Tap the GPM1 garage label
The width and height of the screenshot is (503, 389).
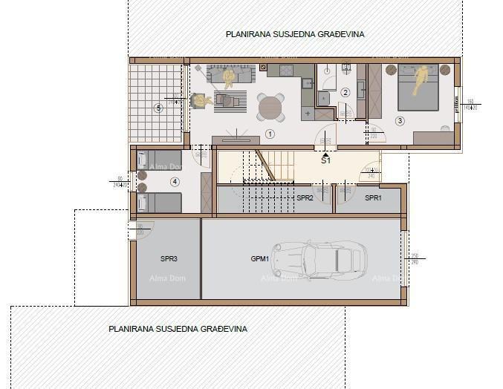pos(261,259)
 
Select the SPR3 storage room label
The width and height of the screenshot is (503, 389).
pos(169,259)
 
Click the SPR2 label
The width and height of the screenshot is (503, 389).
pos(305,198)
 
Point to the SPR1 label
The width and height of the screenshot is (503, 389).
pos(372,198)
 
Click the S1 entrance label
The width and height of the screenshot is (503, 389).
pos(325,160)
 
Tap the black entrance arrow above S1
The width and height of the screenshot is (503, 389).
pos(325,151)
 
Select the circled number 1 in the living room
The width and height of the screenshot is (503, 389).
pos(270,134)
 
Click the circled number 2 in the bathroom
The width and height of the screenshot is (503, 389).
pos(345,93)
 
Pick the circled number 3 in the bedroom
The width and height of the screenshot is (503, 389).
pos(400,120)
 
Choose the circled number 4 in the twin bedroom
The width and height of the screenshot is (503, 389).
pos(175,180)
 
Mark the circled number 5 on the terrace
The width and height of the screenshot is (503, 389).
pos(158,108)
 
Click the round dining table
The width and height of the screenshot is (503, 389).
pos(270,107)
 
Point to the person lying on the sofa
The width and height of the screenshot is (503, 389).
pos(230,75)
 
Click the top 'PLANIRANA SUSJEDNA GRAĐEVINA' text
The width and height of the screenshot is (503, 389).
pos(295,34)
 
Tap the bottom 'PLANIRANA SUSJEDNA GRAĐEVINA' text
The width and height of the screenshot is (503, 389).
pos(178,328)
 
